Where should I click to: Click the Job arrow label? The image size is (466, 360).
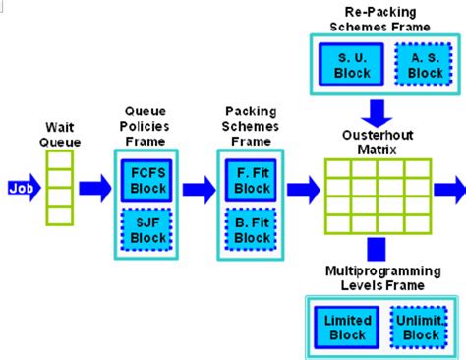click(21, 187)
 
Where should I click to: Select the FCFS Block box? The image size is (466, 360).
click(150, 180)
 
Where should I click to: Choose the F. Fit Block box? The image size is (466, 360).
click(253, 180)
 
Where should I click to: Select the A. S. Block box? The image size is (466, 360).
click(425, 65)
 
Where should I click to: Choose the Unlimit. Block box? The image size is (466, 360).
click(422, 327)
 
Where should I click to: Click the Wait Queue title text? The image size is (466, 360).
click(60, 134)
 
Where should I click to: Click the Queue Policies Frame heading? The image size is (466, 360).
click(150, 126)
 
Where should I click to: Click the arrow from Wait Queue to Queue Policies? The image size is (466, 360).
click(95, 187)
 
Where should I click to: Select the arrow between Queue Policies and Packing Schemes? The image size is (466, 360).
click(198, 187)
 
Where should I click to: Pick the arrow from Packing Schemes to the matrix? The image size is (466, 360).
click(303, 187)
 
